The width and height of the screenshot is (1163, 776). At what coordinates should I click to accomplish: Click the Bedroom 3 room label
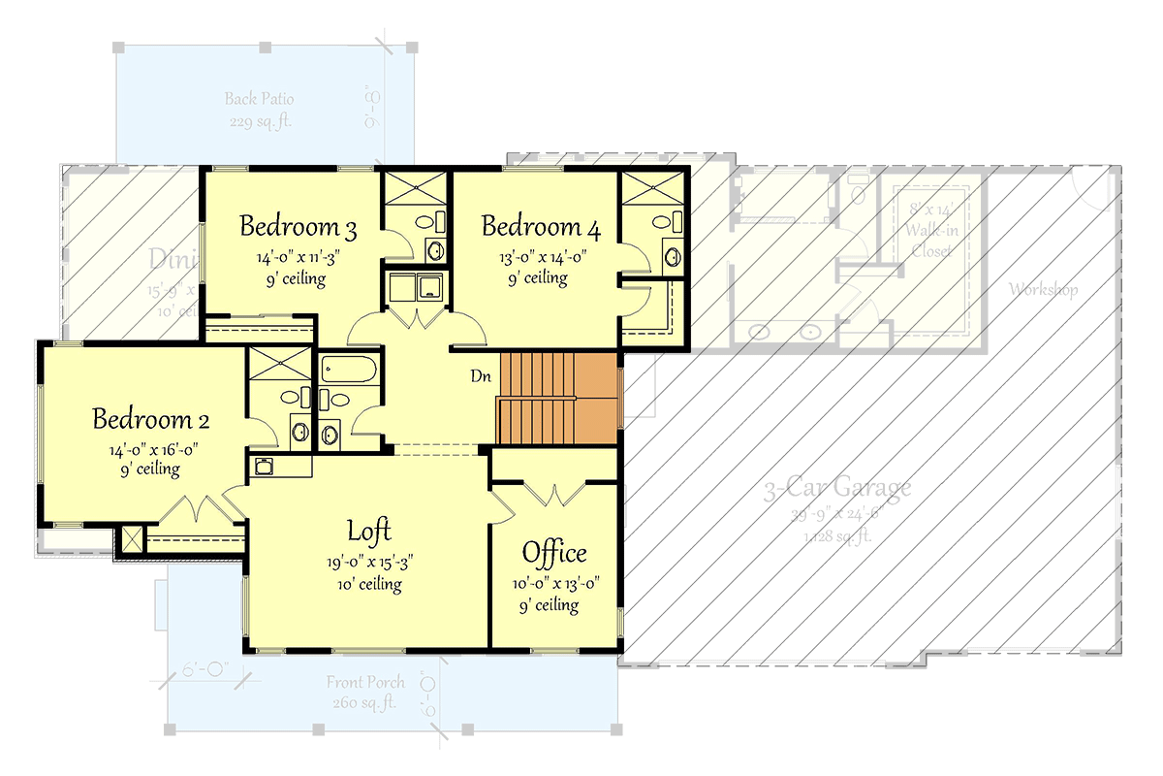(x=298, y=228)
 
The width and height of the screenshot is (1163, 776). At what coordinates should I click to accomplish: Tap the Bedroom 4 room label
(x=540, y=228)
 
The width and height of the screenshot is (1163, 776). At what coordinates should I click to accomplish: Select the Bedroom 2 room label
(x=151, y=420)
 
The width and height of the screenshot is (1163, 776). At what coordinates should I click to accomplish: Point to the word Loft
(x=369, y=531)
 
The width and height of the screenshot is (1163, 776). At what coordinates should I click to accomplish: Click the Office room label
(x=554, y=553)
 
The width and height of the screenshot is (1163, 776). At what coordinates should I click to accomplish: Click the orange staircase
(x=558, y=399)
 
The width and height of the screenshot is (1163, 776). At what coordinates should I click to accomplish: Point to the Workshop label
(x=1043, y=289)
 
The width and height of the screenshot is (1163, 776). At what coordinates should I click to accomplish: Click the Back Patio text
(x=259, y=99)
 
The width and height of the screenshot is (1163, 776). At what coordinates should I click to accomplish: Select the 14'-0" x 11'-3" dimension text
(x=298, y=258)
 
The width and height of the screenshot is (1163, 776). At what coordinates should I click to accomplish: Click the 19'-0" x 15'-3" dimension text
(x=369, y=564)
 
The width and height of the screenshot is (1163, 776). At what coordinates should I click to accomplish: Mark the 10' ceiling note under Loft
(x=369, y=584)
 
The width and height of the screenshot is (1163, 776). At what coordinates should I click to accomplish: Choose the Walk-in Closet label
(x=930, y=232)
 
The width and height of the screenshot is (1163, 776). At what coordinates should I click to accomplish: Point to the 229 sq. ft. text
(x=259, y=122)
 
